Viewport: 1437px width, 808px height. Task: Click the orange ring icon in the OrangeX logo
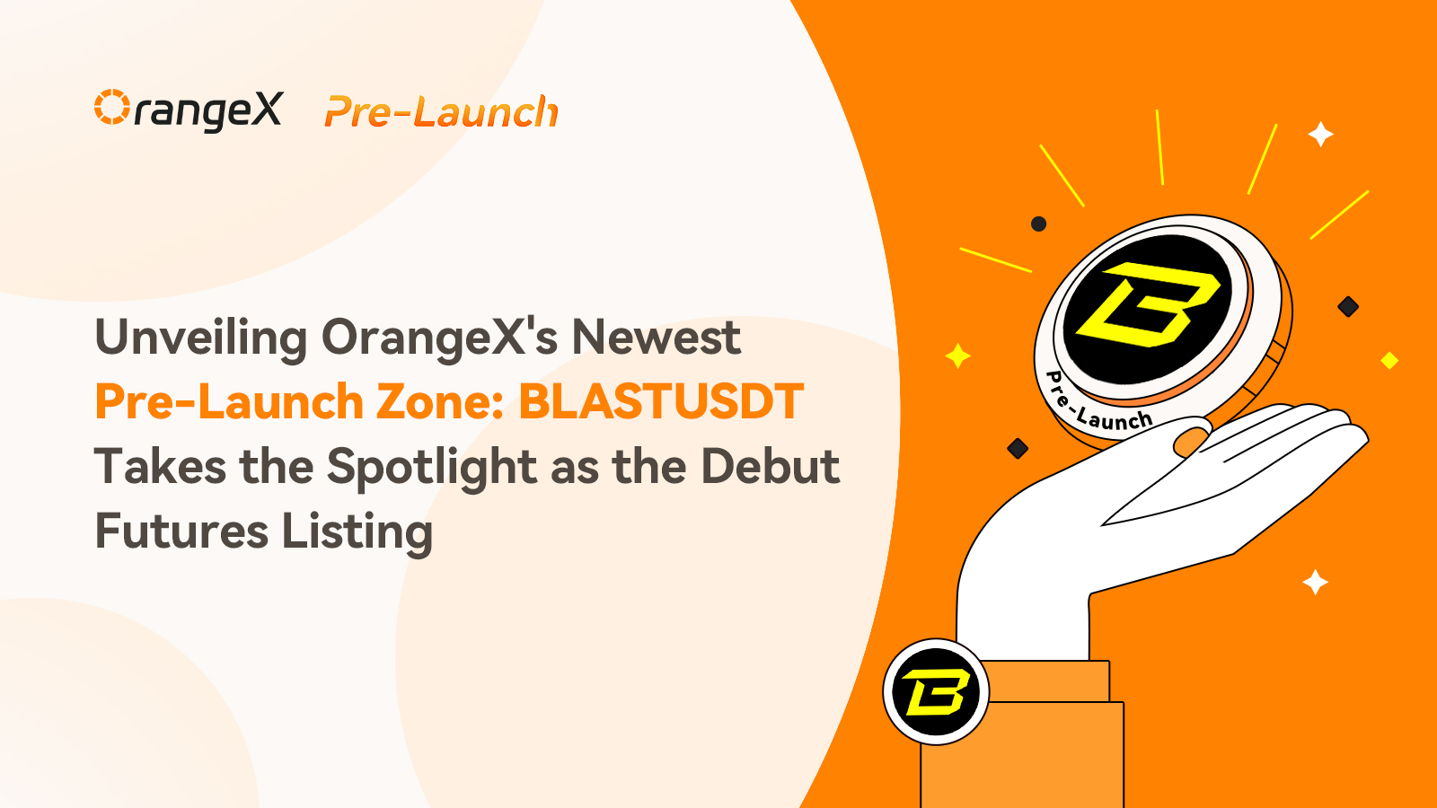click(112, 107)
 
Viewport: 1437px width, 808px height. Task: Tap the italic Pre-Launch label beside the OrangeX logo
click(441, 111)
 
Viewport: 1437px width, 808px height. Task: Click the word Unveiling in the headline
click(201, 338)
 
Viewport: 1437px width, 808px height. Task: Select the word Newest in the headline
click(656, 338)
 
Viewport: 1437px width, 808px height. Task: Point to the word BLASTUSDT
click(661, 401)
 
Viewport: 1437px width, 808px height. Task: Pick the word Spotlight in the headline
click(432, 468)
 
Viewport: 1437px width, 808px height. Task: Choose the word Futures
click(181, 531)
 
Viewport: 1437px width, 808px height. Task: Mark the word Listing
click(357, 532)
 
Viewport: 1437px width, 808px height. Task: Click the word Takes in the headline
click(161, 466)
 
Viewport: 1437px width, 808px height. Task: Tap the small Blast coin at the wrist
click(936, 691)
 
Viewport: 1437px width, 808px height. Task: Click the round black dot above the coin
click(1038, 224)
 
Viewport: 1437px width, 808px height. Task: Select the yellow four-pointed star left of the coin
click(957, 356)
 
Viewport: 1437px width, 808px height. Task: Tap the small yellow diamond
click(1389, 360)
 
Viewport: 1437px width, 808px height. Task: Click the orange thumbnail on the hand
click(1191, 442)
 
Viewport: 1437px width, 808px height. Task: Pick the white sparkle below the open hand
click(1315, 583)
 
